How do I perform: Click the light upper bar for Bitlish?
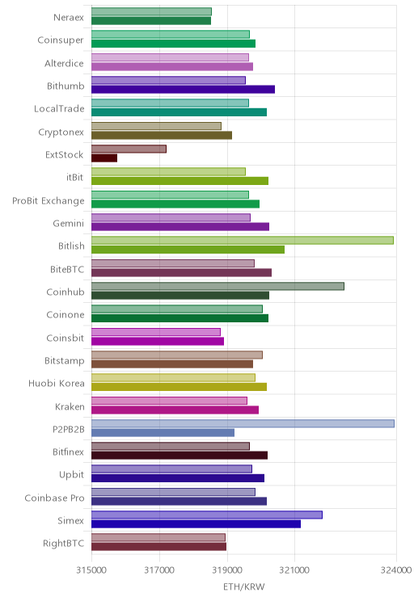tap(243, 241)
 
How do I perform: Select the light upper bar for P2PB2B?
tap(243, 423)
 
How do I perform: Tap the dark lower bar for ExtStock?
tap(104, 158)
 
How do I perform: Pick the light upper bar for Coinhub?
tap(218, 286)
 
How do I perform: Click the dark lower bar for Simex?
tap(196, 524)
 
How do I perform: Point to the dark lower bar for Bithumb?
tap(183, 90)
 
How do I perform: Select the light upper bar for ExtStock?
tap(129, 149)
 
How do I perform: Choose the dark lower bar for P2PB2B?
tap(163, 433)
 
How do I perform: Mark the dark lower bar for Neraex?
tap(151, 21)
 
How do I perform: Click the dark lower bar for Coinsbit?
tap(158, 341)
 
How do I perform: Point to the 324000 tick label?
tap(396, 570)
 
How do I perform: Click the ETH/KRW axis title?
tap(244, 586)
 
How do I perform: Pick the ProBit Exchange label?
tap(49, 201)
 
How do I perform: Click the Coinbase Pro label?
tap(54, 498)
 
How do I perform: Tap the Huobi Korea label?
tap(57, 383)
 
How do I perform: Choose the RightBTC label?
tap(64, 543)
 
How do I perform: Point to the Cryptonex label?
tap(61, 132)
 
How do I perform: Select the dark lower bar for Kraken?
tap(175, 410)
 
